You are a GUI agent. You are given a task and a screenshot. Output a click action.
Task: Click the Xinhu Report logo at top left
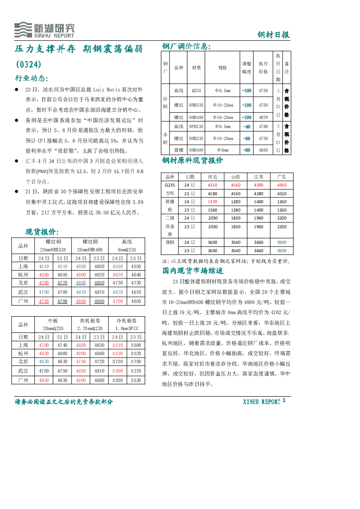tap(44, 30)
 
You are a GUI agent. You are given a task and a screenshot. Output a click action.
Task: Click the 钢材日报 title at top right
tap(273, 35)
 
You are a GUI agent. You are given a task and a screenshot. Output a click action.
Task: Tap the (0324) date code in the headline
tap(29, 64)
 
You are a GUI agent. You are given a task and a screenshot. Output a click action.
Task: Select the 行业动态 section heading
tap(31, 78)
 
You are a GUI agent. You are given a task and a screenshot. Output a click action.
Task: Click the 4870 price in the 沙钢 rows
tap(263, 118)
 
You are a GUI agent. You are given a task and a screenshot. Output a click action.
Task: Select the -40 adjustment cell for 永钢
tap(246, 127)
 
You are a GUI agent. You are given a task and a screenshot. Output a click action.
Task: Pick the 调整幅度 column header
tap(246, 68)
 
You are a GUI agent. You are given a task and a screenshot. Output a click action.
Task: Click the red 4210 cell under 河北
tap(213, 185)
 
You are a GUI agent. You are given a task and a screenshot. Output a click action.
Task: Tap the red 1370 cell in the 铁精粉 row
tap(213, 202)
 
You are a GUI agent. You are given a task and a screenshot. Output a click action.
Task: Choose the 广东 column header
tap(282, 177)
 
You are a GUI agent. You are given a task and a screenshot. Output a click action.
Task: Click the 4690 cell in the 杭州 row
tap(44, 275)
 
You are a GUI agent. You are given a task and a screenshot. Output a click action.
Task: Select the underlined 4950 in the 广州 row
tap(81, 301)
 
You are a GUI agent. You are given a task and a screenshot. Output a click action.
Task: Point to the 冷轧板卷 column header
tap(127, 321)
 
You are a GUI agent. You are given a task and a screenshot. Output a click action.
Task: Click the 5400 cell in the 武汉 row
tap(118, 371)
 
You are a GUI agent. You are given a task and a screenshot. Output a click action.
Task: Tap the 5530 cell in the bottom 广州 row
tap(136, 380)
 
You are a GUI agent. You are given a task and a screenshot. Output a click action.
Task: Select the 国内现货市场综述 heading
tap(193, 271)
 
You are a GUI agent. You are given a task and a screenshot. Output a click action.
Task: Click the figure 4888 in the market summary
tap(249, 302)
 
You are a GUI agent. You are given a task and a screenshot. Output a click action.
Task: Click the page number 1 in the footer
tap(284, 401)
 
